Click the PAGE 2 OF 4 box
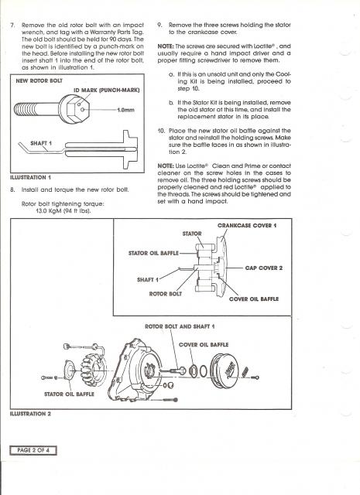33,450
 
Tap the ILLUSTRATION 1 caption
30,177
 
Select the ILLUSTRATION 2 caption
30,414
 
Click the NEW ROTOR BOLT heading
39,80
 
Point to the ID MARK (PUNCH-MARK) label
107,90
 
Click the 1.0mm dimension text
125,110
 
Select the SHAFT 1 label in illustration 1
41,143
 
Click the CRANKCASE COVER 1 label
247,225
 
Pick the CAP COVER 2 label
263,268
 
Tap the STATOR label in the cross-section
192,234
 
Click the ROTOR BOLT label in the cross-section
166,294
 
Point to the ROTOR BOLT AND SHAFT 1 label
180,326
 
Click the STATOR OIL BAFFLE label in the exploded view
69,394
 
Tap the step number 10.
161,131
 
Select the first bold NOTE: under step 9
166,46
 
